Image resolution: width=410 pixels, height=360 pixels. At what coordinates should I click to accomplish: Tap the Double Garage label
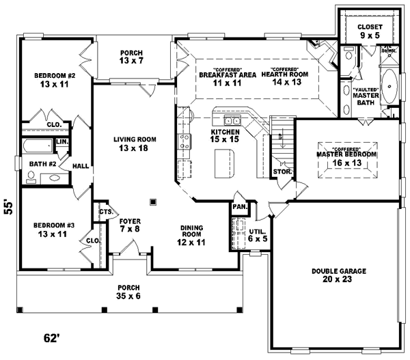[339, 275]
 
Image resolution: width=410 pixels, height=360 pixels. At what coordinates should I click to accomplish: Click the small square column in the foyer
[153, 202]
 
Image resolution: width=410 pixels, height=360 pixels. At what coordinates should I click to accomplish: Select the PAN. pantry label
[239, 206]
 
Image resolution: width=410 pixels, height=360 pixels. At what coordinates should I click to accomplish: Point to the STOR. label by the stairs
[282, 171]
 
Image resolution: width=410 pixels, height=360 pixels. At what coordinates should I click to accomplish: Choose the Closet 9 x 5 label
[370, 31]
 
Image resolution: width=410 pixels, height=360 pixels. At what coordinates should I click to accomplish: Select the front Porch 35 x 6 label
[128, 292]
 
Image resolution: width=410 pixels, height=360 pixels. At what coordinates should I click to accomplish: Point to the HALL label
[81, 165]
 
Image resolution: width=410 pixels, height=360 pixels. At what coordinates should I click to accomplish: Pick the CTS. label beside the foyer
[105, 212]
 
